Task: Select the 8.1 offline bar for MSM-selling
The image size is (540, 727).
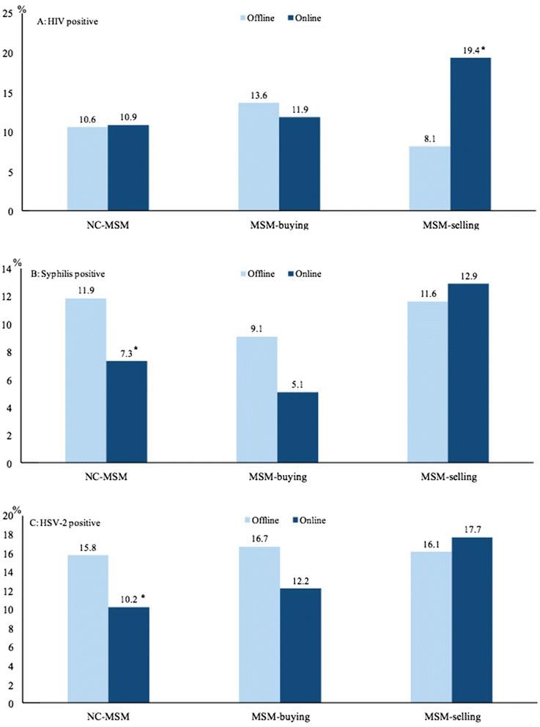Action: pos(430,179)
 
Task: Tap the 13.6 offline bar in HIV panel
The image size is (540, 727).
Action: pos(256,157)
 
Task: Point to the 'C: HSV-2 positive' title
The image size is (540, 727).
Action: pos(70,523)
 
